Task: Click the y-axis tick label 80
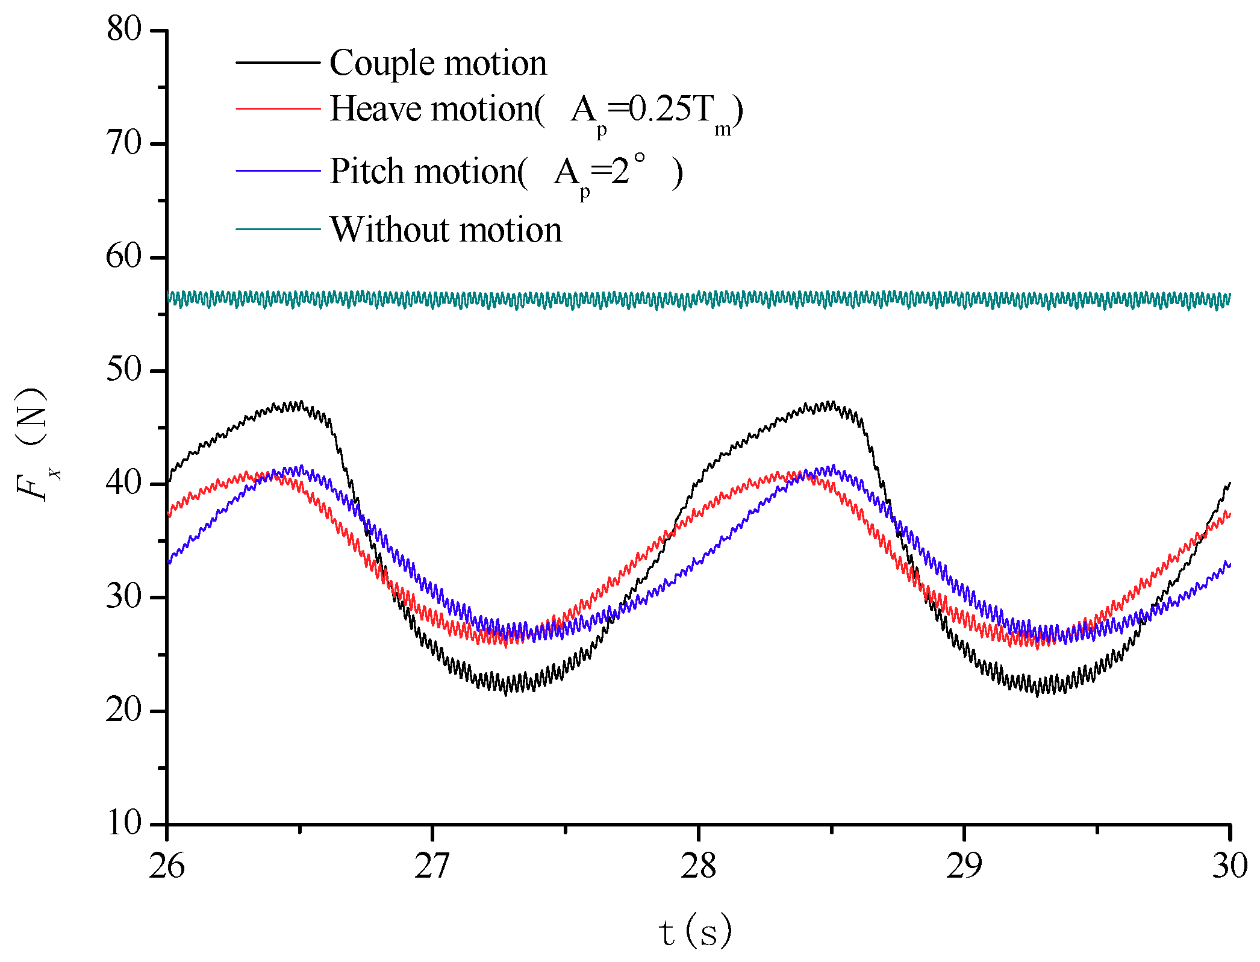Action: point(123,29)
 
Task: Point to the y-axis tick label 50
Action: point(123,369)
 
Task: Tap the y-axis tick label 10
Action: point(123,823)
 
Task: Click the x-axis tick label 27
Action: point(432,866)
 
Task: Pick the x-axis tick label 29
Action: point(964,866)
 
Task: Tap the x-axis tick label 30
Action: point(1229,866)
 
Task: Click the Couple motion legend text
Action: point(438,63)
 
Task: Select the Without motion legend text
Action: point(446,230)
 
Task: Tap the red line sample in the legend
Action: point(278,108)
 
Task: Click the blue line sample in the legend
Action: point(278,171)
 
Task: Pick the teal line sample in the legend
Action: point(278,229)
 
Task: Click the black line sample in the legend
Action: point(278,62)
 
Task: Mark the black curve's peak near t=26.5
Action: point(295,404)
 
